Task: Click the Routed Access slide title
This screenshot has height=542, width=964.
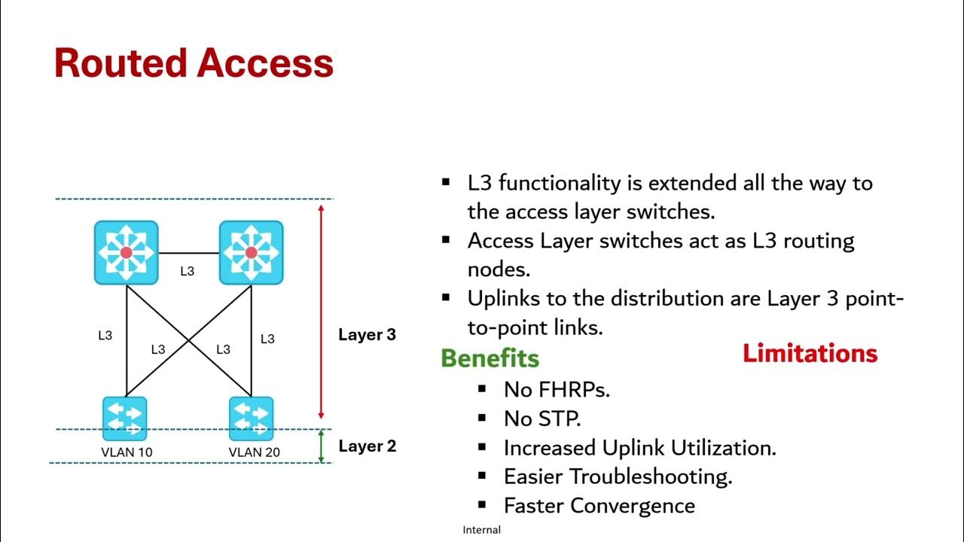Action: pos(194,63)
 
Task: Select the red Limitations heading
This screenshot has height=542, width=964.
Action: pos(810,353)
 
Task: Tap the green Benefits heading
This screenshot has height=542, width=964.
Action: pos(490,358)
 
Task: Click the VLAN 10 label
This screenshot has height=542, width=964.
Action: pos(127,452)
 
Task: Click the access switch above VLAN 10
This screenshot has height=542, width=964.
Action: pos(125,418)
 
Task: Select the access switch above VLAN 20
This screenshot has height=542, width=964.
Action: pos(251,418)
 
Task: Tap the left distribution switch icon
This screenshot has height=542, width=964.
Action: pos(126,252)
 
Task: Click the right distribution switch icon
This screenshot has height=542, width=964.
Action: pos(251,252)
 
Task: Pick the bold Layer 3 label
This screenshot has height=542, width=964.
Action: pos(367,335)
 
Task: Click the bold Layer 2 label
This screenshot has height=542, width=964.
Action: pos(367,446)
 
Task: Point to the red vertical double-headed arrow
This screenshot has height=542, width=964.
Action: pos(321,311)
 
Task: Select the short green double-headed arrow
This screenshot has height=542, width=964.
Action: pos(321,446)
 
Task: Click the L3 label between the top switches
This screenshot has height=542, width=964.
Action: pos(188,271)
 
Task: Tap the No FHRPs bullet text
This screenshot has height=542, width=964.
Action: pos(557,389)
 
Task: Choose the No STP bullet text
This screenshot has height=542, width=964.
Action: pos(542,419)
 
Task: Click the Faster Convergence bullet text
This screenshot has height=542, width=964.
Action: pos(599,506)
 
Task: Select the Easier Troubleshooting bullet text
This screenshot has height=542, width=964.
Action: pos(618,477)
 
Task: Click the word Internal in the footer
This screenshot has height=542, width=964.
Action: pos(481,530)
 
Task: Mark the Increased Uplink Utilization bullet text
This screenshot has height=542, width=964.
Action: pos(639,448)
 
